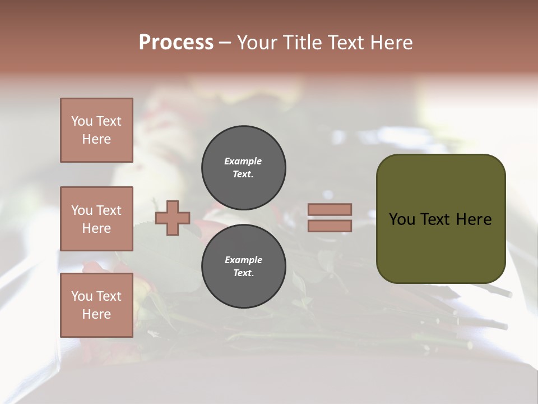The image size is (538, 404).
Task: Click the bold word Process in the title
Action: click(176, 43)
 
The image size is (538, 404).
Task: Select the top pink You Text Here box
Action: click(96, 130)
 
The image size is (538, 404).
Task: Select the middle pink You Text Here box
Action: click(96, 219)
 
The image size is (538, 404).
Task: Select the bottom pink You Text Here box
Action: click(96, 305)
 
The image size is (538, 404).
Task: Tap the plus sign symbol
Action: click(173, 219)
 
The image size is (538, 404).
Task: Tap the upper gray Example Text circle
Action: click(243, 168)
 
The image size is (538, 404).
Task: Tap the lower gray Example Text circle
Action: click(243, 267)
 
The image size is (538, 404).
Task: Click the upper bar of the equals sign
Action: click(330, 209)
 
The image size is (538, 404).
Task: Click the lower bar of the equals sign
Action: click(330, 226)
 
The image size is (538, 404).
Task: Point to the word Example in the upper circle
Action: click(243, 161)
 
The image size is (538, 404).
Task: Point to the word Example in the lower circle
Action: click(243, 260)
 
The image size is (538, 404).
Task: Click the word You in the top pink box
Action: click(81, 121)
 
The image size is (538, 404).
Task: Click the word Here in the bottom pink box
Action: click(96, 314)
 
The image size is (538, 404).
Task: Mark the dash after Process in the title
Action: click(225, 43)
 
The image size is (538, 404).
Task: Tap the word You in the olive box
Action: click(402, 219)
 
